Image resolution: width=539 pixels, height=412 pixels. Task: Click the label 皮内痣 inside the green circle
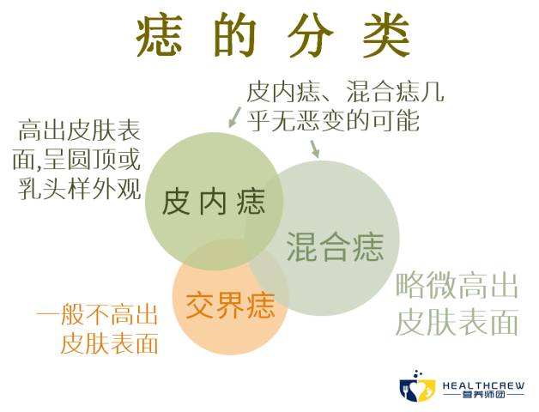[x=209, y=203]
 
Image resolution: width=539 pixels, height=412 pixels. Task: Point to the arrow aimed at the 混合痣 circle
[x=314, y=148]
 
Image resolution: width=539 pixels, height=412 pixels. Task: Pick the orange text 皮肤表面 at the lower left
[x=110, y=344]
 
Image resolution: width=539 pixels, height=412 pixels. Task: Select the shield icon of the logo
[x=420, y=388]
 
